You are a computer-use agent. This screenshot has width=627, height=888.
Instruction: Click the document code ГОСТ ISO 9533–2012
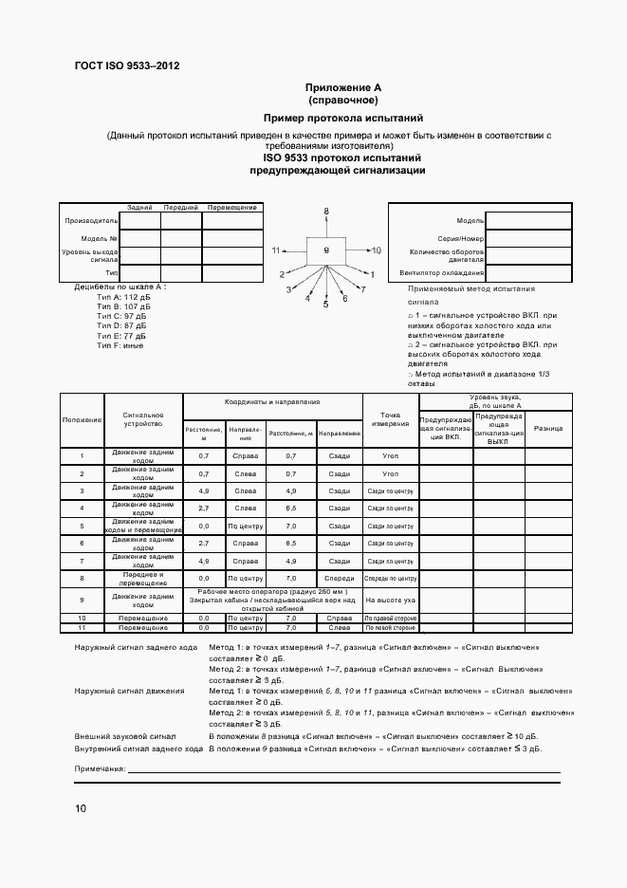coord(126,65)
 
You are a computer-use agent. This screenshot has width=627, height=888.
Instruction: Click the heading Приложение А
coord(342,87)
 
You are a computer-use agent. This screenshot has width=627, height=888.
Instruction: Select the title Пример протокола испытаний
coord(342,118)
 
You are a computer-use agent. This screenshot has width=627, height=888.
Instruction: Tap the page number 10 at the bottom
coord(81,808)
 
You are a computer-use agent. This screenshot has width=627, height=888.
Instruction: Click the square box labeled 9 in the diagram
coord(325,250)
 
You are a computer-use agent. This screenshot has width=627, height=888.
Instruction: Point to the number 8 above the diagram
coord(325,211)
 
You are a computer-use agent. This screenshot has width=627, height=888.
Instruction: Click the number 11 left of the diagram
coord(277,250)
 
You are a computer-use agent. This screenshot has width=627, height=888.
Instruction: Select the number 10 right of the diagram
coord(376,250)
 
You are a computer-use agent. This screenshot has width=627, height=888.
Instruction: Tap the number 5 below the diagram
coord(325,305)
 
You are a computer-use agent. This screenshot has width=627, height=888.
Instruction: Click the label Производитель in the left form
coord(89,220)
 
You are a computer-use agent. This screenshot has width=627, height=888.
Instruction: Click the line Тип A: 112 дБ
coord(123,297)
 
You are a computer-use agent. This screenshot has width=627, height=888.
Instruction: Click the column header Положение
coord(82,419)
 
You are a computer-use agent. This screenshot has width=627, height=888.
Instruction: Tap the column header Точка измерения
coord(390,419)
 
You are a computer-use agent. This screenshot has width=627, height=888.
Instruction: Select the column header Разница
coord(547,429)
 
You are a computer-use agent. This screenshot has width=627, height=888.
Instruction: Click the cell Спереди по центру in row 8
coord(390,577)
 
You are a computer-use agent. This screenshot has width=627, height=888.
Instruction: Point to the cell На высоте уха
coord(390,600)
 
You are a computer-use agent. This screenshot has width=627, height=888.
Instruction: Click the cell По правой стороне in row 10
coord(390,618)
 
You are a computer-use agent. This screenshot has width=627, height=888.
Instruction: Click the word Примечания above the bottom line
coord(100,767)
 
